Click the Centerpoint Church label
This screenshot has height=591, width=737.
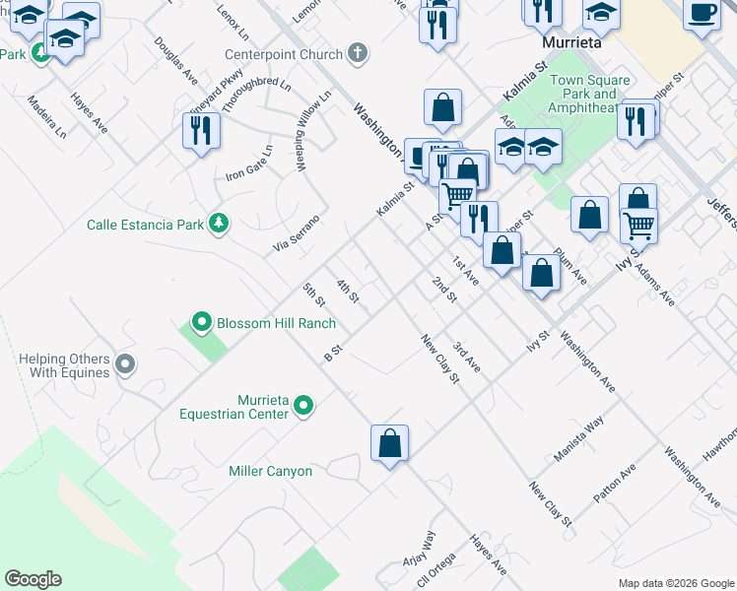pos(284,54)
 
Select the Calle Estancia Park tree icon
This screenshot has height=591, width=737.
pos(219,225)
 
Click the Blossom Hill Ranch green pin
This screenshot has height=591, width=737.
pos(202,322)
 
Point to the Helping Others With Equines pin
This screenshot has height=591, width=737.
pos(124,365)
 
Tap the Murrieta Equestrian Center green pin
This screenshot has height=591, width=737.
pos(304,406)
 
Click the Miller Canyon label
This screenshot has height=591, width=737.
pos(270,472)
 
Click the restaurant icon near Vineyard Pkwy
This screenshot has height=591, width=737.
pos(201,130)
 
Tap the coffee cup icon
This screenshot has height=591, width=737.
pos(702,14)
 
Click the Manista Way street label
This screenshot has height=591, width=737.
pos(578,438)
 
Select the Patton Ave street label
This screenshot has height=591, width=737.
pos(616,483)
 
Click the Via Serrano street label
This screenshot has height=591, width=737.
pos(298,231)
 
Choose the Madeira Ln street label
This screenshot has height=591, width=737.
pos(47,116)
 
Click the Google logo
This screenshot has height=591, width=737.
pos(33,579)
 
